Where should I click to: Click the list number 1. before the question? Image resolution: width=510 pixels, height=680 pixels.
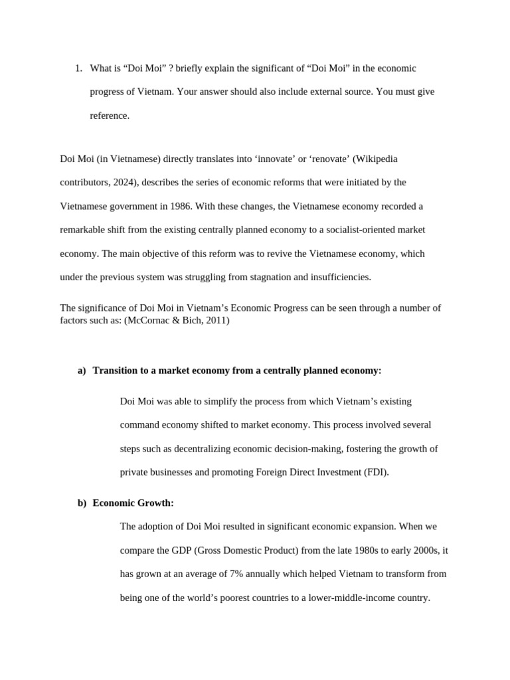[78, 68]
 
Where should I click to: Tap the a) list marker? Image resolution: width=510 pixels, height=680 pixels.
[82, 371]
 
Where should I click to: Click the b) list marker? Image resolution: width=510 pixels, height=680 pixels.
[82, 503]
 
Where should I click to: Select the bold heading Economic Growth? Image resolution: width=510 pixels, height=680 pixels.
[133, 503]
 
